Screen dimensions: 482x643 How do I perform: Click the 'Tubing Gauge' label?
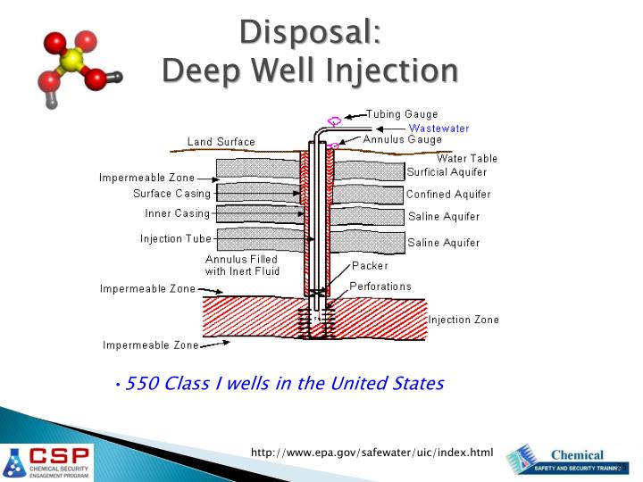pyautogui.click(x=403, y=114)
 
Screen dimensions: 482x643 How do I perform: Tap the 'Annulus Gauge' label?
pyautogui.click(x=402, y=140)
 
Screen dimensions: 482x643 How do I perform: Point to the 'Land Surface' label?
pyautogui.click(x=221, y=142)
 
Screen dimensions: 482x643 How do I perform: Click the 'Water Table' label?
pyautogui.click(x=467, y=158)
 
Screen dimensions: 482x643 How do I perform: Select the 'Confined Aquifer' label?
pyautogui.click(x=448, y=195)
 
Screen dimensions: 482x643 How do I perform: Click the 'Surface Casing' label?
pyautogui.click(x=171, y=194)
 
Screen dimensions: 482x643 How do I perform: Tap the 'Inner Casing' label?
pyautogui.click(x=177, y=214)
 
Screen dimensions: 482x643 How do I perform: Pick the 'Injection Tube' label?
pyautogui.click(x=175, y=238)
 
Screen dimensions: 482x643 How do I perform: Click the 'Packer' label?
pyautogui.click(x=370, y=266)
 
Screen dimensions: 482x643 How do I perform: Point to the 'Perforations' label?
pyautogui.click(x=380, y=287)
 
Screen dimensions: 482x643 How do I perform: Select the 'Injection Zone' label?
pyautogui.click(x=463, y=320)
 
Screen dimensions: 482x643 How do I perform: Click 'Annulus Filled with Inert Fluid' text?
pyautogui.click(x=242, y=265)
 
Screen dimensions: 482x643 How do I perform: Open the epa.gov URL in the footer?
pyautogui.click(x=372, y=453)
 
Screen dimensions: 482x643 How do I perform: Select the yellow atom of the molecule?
pyautogui.click(x=74, y=60)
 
